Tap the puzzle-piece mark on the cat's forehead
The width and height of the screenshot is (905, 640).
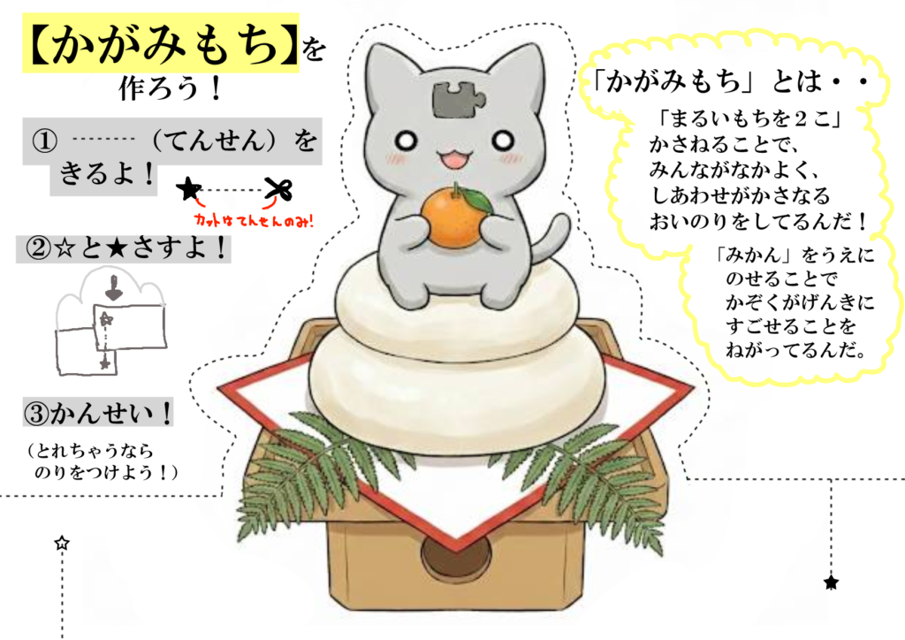[x=454, y=99]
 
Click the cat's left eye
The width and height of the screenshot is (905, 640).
[x=407, y=139]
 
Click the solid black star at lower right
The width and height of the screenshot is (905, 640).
[x=831, y=583]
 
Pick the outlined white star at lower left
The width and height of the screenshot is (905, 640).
[x=62, y=543]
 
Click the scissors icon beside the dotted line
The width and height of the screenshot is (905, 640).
[x=278, y=189]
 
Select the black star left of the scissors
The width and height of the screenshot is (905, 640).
[x=189, y=188]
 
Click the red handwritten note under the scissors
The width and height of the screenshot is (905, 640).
[x=253, y=220]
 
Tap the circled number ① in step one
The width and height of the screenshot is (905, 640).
[x=44, y=141]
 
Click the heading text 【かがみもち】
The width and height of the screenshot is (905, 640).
[x=161, y=45]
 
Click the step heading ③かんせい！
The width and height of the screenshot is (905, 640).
[x=99, y=413]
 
